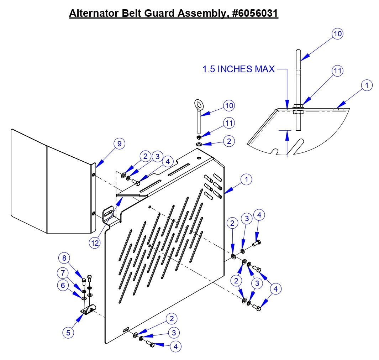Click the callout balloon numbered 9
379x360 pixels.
120,144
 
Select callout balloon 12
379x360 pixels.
95,242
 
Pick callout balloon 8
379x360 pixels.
64,257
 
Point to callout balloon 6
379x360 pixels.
63,285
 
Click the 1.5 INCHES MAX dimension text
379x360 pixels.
238,69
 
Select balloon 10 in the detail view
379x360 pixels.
337,33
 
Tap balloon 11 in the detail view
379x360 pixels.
337,71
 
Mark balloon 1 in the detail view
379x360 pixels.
367,85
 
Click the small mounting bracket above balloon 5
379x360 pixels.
89,310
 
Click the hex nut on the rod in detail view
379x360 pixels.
298,106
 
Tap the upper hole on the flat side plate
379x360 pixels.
93,175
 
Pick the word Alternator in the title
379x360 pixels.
91,14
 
